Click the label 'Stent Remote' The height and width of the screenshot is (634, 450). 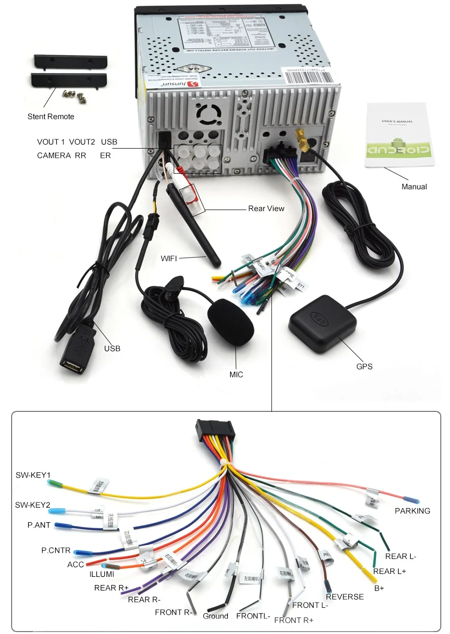(x=51, y=117)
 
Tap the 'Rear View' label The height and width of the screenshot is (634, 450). (x=266, y=209)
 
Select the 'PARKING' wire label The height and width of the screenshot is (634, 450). (x=412, y=511)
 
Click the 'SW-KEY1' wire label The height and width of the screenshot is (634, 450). (x=33, y=475)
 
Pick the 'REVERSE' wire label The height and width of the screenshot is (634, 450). (x=345, y=597)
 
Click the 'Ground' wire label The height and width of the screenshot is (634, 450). (x=215, y=616)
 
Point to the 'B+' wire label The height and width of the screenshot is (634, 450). (x=379, y=588)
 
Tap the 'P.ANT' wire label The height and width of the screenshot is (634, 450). (x=39, y=525)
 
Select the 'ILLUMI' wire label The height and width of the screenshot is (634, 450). (x=102, y=574)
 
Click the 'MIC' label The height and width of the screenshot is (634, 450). (x=236, y=375)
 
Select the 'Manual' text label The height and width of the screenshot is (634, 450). (x=414, y=187)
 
